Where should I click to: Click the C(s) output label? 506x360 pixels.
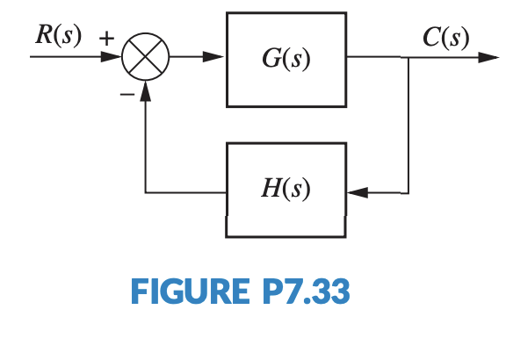[x=445, y=37]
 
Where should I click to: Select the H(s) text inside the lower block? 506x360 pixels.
[x=286, y=189]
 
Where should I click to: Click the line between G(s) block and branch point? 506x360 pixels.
[x=378, y=58]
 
